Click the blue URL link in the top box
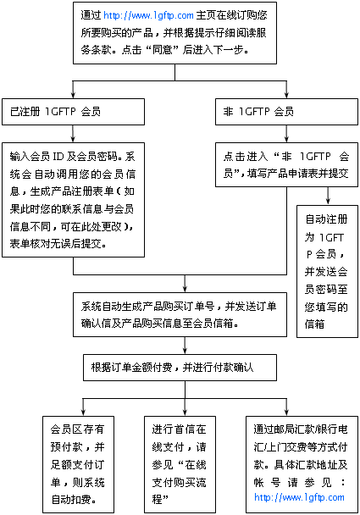148,15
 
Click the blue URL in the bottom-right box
299,497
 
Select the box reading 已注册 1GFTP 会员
73,112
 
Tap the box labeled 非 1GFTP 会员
286,112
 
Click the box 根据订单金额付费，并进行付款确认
180,368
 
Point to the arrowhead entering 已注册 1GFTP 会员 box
73,94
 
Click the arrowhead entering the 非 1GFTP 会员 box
286,94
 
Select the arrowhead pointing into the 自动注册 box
328,201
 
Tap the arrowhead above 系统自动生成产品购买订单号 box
185,288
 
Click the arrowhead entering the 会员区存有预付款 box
83,412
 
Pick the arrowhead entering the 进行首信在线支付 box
185,412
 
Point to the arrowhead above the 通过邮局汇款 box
286,412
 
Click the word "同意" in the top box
163,50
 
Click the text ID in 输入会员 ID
58,157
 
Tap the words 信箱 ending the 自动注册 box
314,324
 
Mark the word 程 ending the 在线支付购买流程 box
157,499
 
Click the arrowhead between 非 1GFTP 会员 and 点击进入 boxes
286,138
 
